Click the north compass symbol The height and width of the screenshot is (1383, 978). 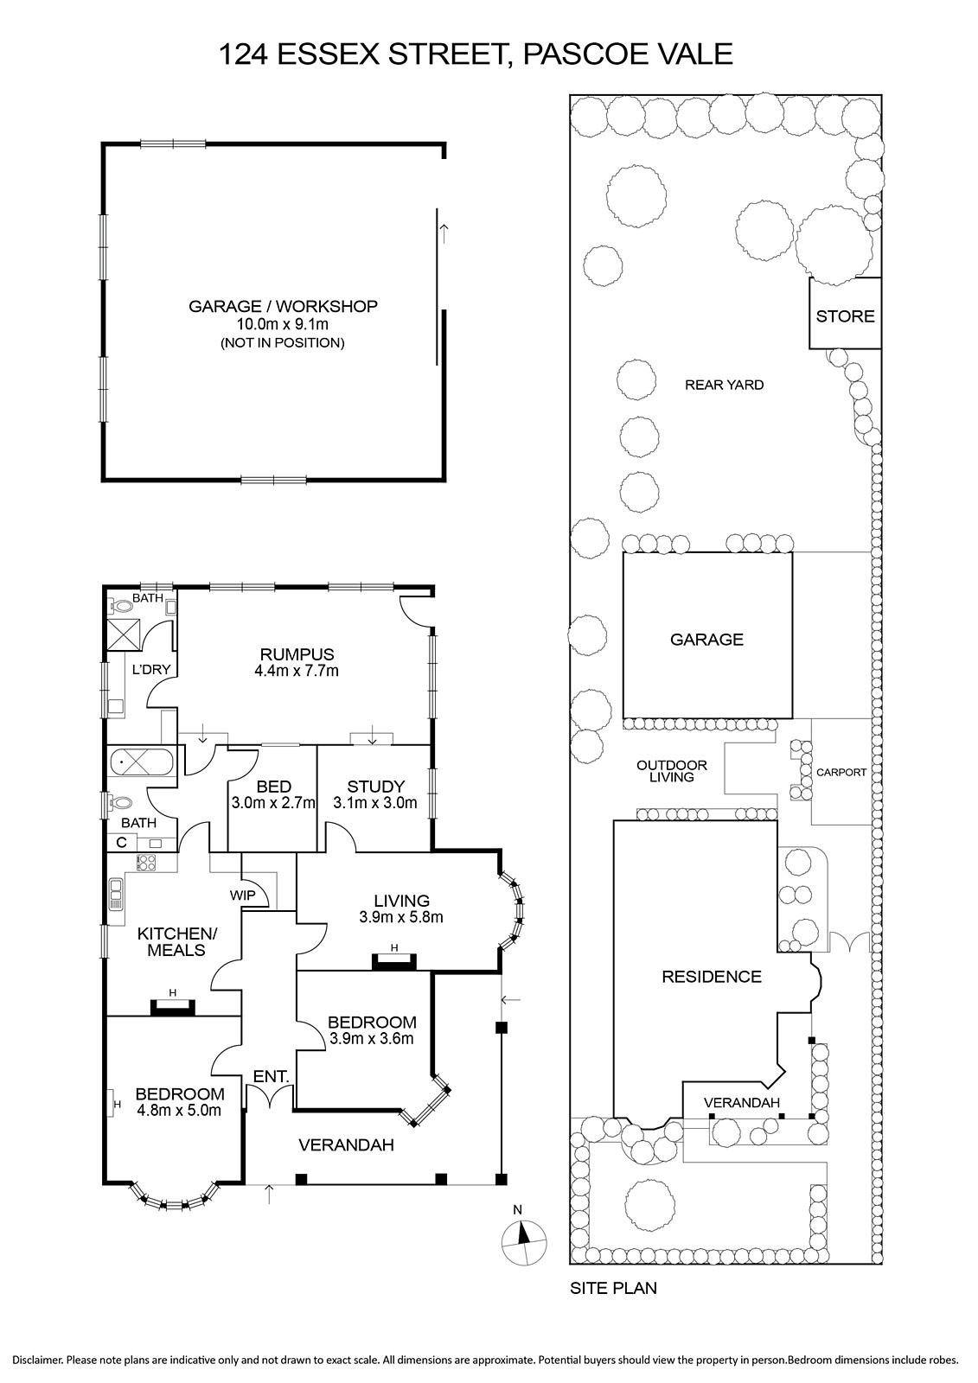[524, 1242]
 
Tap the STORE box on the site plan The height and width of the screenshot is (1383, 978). [845, 313]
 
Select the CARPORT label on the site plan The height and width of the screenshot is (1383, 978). [841, 773]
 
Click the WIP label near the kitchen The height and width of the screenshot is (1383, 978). [242, 895]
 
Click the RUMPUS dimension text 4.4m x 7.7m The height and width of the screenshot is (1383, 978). [297, 671]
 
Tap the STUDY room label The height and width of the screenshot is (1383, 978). [375, 787]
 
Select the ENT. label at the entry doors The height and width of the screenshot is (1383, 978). [272, 1077]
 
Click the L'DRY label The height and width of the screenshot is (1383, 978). [151, 670]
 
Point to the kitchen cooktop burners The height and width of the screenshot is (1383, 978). [146, 862]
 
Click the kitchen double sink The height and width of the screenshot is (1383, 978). [116, 895]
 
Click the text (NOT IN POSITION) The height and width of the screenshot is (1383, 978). [283, 342]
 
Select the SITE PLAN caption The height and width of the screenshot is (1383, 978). [613, 1289]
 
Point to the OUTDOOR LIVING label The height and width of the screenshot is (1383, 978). [672, 771]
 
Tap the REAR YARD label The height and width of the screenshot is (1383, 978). [724, 386]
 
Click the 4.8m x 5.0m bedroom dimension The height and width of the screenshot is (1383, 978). [178, 1110]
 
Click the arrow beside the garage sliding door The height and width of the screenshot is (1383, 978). [443, 233]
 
